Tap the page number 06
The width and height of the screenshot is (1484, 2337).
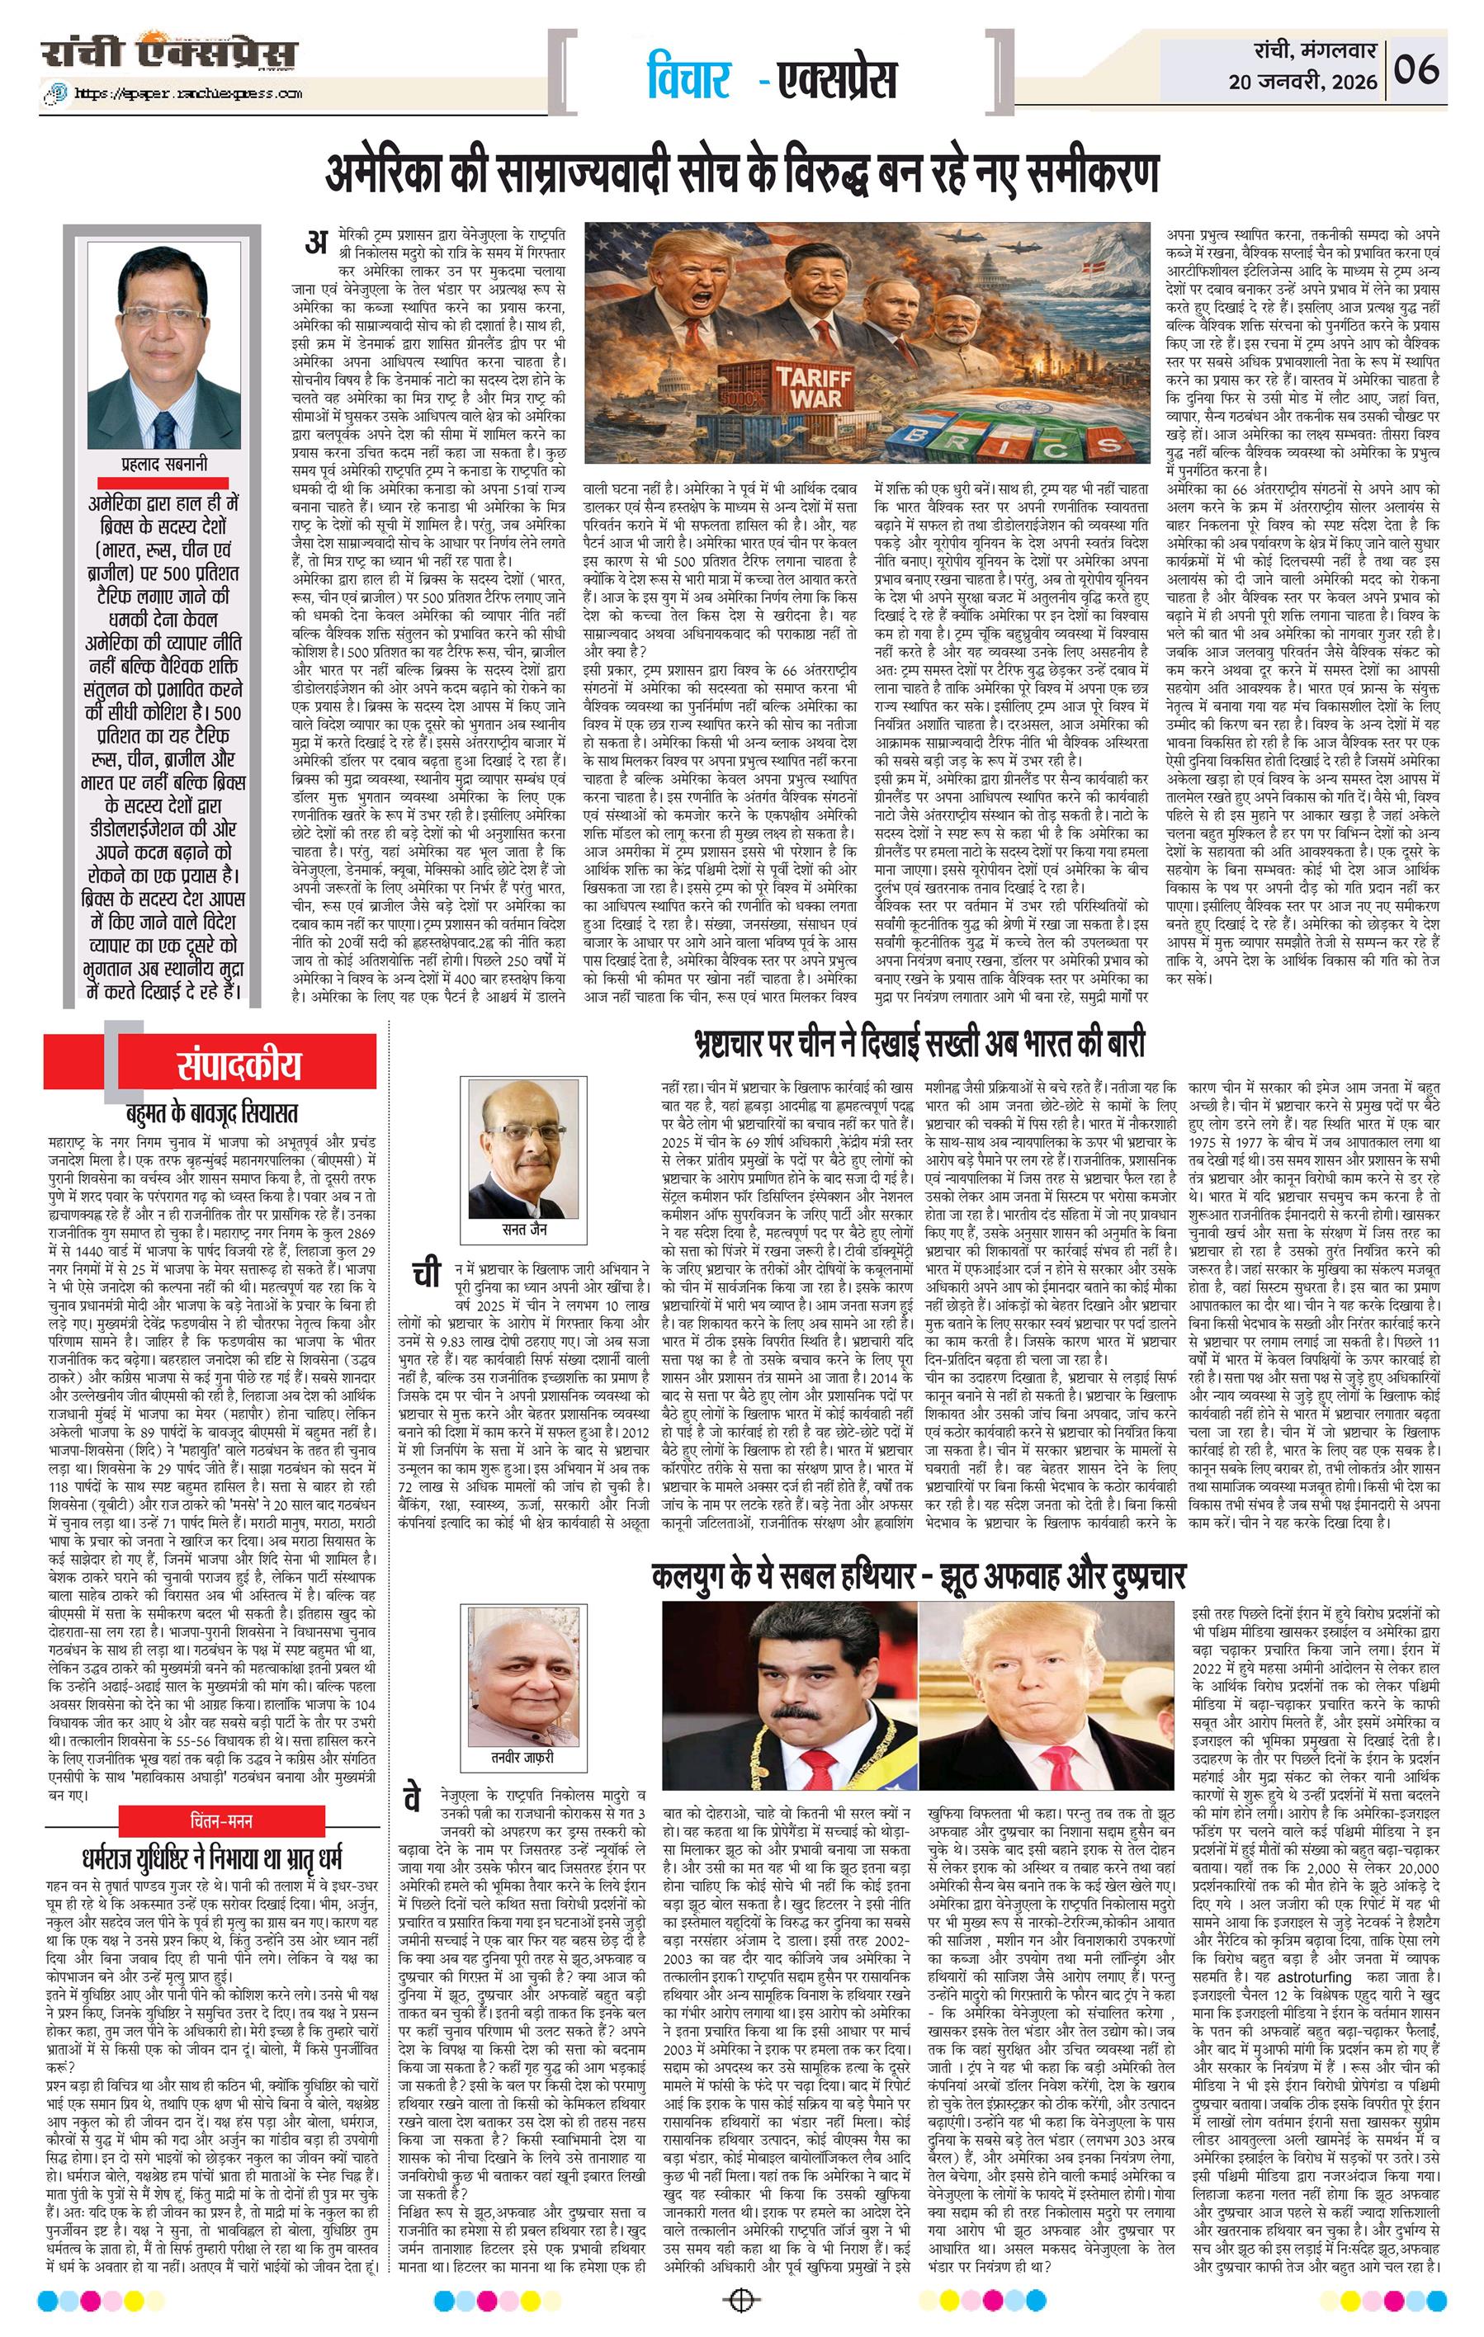click(1417, 70)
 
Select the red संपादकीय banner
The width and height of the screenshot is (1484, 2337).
click(239, 1065)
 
